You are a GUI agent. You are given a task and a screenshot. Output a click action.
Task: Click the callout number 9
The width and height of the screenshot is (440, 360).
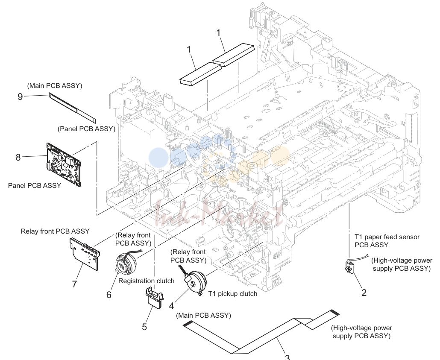click(20, 97)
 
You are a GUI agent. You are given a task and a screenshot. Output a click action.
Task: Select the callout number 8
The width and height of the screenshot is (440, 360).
click(18, 158)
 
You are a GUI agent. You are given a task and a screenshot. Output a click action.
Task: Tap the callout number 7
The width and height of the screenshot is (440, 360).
click(74, 284)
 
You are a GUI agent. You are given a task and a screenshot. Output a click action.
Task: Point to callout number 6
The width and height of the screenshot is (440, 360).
click(109, 295)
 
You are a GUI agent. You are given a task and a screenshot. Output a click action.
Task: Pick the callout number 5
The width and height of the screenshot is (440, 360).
click(144, 327)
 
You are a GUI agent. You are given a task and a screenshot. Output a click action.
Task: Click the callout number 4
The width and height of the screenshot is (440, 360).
click(171, 306)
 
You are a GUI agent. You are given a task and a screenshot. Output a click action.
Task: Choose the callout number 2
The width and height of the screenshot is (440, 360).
click(364, 293)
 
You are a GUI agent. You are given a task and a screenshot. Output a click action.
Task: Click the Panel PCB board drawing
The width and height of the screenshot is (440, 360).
click(63, 164)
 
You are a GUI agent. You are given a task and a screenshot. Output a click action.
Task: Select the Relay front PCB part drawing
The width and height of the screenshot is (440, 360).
click(85, 254)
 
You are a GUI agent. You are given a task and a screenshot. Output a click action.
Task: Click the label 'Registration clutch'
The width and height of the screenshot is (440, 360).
click(146, 281)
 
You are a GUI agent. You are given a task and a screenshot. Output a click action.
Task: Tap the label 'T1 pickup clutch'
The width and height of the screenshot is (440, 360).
click(233, 294)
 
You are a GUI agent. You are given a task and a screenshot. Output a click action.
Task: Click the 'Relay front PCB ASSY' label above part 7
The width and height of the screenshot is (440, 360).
click(55, 231)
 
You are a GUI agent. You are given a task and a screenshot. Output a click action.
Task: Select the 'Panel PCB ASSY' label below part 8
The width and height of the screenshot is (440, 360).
click(35, 185)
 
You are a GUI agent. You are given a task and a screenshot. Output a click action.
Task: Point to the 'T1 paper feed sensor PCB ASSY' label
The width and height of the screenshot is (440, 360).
click(387, 241)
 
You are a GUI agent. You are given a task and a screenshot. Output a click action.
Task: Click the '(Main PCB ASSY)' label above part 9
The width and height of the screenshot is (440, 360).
click(55, 86)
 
